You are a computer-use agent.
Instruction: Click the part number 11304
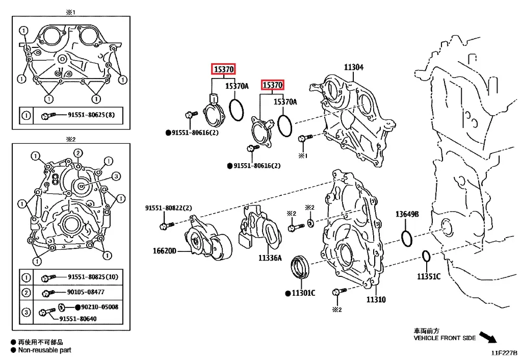point(353,67)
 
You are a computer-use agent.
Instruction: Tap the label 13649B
point(407,215)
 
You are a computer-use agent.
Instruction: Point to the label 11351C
point(428,276)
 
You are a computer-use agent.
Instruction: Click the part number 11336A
point(270,258)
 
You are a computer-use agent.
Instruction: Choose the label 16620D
point(164,251)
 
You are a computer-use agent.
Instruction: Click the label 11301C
point(303,293)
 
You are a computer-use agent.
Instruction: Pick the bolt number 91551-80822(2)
point(168,208)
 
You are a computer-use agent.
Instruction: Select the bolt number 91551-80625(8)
point(91,115)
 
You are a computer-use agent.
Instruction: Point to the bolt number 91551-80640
point(78,319)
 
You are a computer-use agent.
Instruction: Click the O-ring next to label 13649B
point(407,238)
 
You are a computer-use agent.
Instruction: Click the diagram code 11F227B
point(504,352)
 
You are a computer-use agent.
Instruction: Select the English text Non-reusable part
point(44,350)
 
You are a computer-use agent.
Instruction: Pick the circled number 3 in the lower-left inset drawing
point(115,176)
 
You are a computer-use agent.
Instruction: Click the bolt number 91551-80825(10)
point(93,277)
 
